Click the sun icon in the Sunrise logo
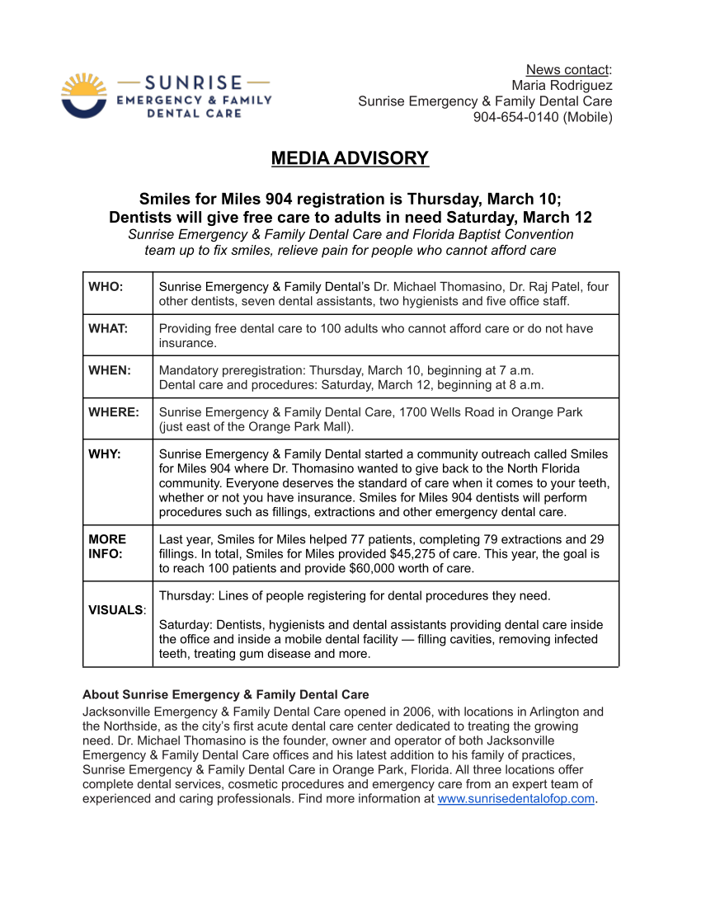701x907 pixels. pyautogui.click(x=84, y=95)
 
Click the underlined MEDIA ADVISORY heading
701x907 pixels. pyautogui.click(x=350, y=158)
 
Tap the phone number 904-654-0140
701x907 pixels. pyautogui.click(x=516, y=117)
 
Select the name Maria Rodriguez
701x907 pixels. pyautogui.click(x=562, y=85)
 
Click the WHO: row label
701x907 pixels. pyautogui.click(x=106, y=287)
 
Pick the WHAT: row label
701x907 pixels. pyautogui.click(x=108, y=328)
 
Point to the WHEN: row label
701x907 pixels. pyautogui.click(x=110, y=370)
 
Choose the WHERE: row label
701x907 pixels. pyautogui.click(x=114, y=411)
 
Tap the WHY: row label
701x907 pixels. pyautogui.click(x=105, y=453)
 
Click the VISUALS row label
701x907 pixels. pyautogui.click(x=116, y=610)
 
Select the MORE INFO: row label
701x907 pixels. pyautogui.click(x=107, y=546)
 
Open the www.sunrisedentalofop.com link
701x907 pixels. pyautogui.click(x=515, y=799)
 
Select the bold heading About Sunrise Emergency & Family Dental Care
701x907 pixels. pyautogui.click(x=225, y=695)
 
